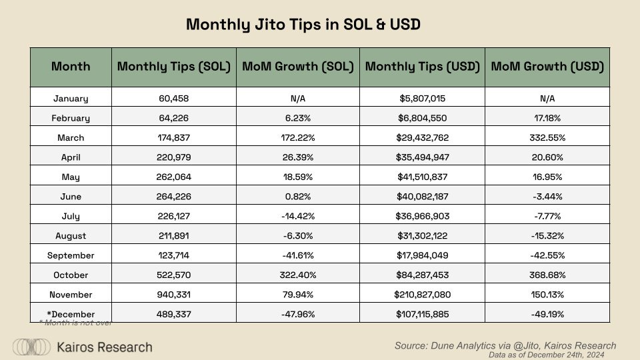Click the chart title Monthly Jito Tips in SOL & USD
(303, 25)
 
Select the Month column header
(71, 67)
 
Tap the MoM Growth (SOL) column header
(297, 67)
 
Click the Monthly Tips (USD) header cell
(421, 67)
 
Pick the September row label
(71, 255)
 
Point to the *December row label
(71, 314)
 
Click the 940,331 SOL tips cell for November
(173, 294)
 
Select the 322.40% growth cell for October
(297, 275)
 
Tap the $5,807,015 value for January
(421, 99)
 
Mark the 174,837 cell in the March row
(173, 137)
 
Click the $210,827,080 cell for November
(421, 294)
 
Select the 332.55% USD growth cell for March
(547, 137)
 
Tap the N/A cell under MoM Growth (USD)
(547, 99)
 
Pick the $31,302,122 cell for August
(421, 235)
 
